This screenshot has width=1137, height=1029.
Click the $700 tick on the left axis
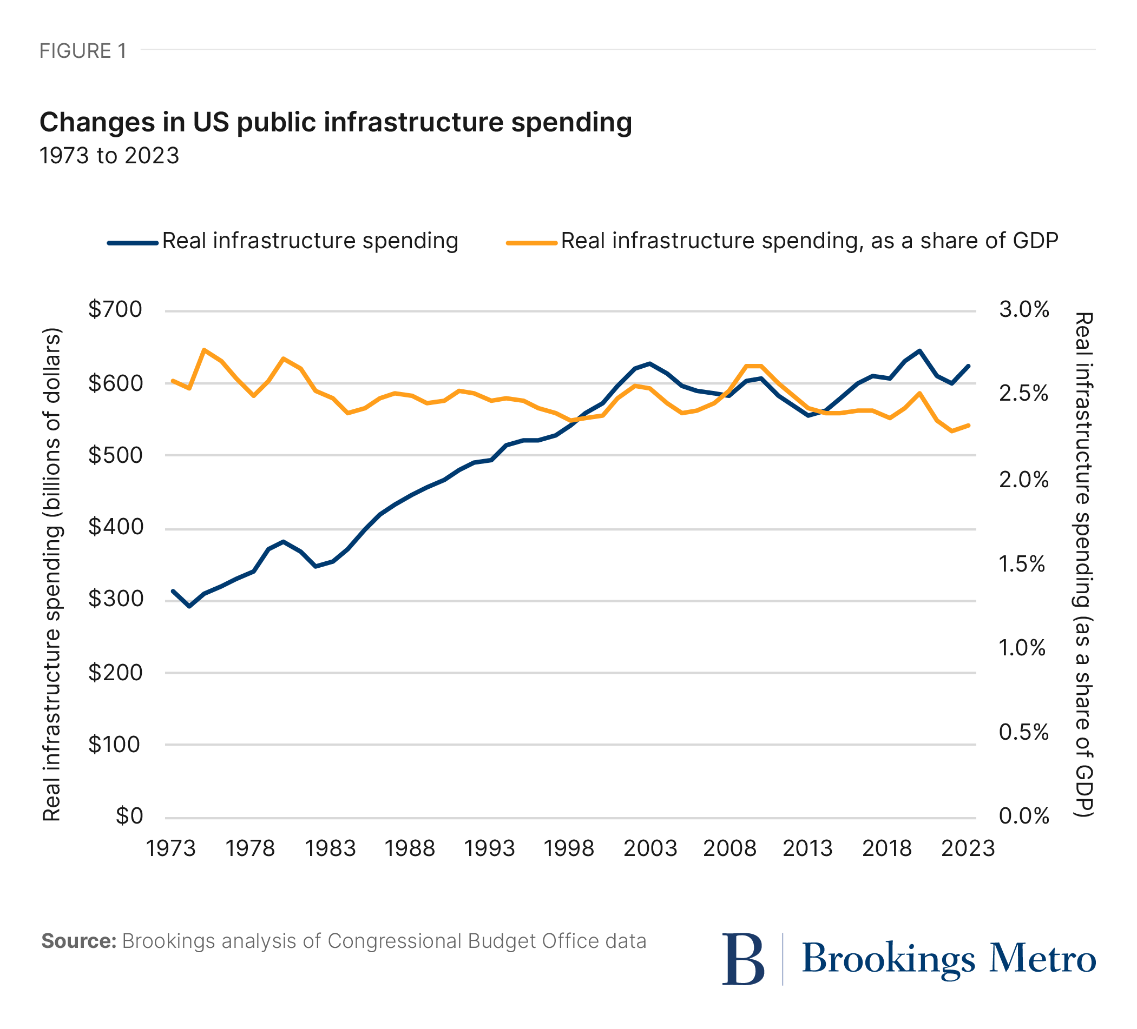coord(115,310)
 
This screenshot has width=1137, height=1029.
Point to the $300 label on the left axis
coord(115,599)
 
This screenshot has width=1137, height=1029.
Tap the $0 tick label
coord(129,816)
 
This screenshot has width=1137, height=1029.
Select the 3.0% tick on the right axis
coord(1024,310)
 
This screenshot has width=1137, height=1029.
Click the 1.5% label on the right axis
coord(1022,564)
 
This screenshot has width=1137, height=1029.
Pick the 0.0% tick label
coord(1024,816)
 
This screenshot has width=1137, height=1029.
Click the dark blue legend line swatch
coord(133,243)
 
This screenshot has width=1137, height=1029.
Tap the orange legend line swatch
coord(531,243)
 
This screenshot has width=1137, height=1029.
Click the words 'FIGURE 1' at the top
coord(83,51)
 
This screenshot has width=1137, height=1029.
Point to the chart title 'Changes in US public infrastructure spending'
coord(336,122)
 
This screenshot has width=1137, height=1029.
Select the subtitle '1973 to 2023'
coord(109,156)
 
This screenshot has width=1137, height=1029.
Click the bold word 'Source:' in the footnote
coord(79,941)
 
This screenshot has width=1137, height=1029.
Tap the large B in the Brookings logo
coord(744,959)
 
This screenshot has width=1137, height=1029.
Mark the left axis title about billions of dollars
coord(52,575)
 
